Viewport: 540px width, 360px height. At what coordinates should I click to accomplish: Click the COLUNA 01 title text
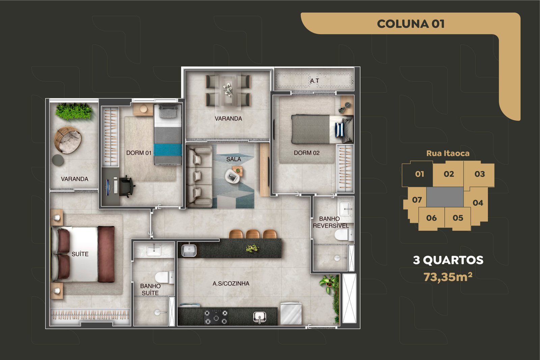point(410,24)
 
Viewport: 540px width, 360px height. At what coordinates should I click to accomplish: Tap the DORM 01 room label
point(139,153)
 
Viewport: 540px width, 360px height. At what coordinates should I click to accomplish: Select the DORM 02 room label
point(307,153)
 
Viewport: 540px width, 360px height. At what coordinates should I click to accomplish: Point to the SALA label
point(234,159)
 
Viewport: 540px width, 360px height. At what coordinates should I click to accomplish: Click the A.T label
point(314,81)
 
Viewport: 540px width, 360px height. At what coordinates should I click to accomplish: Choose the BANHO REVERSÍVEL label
point(331,222)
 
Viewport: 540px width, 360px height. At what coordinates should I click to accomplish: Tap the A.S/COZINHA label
point(231,284)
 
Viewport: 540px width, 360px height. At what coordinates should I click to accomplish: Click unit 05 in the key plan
point(458,218)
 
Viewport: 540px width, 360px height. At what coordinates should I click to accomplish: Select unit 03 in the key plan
point(480,174)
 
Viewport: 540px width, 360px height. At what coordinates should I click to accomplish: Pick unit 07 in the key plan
point(417,200)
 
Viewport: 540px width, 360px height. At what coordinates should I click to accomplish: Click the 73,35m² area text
point(448,277)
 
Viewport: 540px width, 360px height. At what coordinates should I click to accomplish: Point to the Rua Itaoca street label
point(448,154)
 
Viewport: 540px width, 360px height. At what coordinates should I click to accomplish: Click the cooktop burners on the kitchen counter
point(216,317)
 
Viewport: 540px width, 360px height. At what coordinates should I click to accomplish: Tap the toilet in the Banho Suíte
point(164,278)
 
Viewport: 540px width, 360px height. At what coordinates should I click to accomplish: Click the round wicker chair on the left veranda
point(68,140)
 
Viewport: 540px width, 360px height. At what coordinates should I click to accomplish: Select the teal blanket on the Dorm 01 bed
point(168,150)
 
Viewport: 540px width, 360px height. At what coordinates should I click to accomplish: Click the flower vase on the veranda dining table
point(228,89)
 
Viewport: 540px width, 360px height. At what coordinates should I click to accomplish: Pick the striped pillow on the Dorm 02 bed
point(339,130)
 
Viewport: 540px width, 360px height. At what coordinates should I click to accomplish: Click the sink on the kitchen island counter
point(189,250)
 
